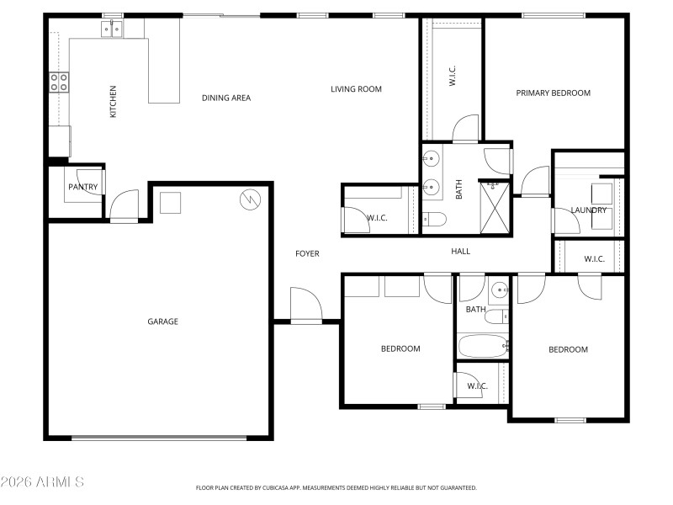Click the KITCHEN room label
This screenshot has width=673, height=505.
113,101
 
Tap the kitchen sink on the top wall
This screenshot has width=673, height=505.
111,30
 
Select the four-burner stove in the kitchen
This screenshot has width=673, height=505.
59,82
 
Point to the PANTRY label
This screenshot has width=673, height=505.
82,187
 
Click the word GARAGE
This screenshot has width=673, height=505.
162,322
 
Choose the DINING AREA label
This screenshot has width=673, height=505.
226,98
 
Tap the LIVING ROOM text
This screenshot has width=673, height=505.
356,89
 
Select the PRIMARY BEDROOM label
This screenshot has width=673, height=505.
553,93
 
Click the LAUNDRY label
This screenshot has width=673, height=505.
588,210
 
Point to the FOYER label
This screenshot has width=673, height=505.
306,253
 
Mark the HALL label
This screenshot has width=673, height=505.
460,252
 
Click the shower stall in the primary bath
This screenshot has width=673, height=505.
495,208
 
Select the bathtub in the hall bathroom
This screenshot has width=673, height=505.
482,345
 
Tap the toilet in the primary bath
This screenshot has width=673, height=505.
433,221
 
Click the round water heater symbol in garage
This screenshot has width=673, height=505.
250,199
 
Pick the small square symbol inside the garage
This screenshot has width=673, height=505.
170,203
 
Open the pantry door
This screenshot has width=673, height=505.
123,205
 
